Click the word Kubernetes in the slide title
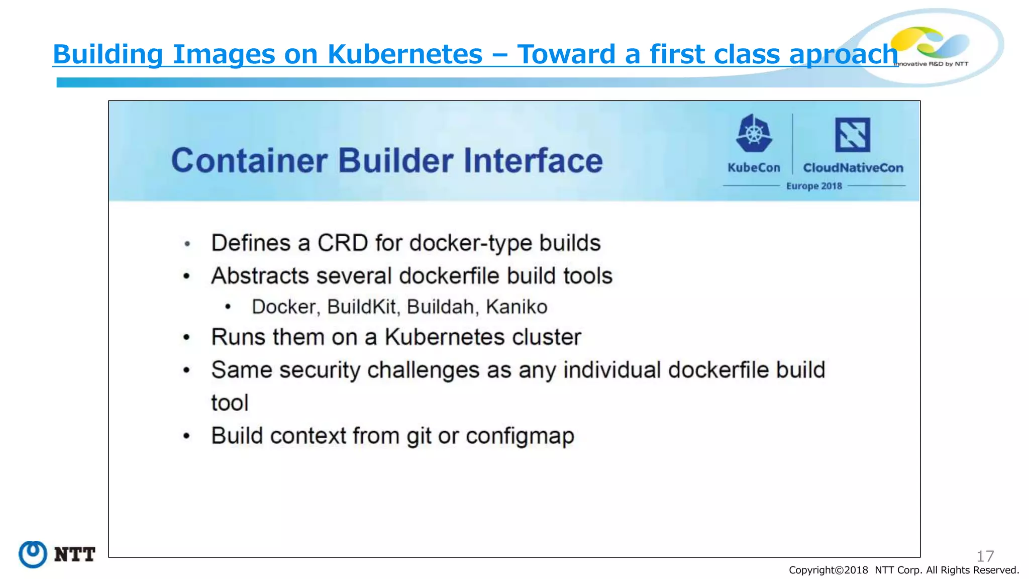click(x=404, y=54)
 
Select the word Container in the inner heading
click(x=249, y=161)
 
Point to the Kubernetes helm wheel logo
click(x=754, y=134)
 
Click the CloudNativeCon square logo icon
click(x=852, y=135)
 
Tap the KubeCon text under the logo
click(x=754, y=168)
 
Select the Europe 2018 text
click(x=814, y=186)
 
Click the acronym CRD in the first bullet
click(x=343, y=243)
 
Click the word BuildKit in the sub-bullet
click(x=362, y=307)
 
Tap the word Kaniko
click(x=517, y=307)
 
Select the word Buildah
click(x=441, y=307)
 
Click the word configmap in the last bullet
click(x=520, y=436)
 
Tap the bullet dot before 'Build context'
click(x=187, y=436)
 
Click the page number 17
click(x=985, y=556)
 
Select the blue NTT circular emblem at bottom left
click(x=33, y=554)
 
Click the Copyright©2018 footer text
click(x=828, y=570)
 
